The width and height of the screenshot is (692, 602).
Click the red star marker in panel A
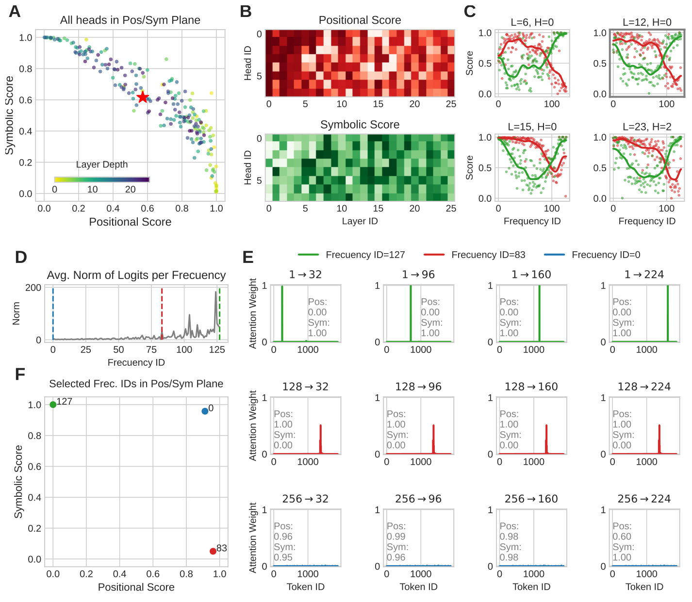(142, 97)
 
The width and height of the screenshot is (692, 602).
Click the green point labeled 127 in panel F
(53, 405)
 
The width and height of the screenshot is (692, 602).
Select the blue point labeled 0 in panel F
(205, 411)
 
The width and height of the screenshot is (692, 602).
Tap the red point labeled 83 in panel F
(213, 551)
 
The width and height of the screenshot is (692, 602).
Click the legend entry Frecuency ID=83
(488, 255)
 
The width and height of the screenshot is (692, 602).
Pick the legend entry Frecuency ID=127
(365, 255)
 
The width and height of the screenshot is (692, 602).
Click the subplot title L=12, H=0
(647, 22)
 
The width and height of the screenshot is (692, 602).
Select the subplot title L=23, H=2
(647, 127)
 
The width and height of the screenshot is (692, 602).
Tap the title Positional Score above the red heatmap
(360, 20)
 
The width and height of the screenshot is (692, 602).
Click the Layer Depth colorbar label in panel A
(102, 164)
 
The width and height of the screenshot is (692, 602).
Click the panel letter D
(20, 257)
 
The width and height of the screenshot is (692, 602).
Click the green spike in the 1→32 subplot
(282, 313)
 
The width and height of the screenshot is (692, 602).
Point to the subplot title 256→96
(418, 499)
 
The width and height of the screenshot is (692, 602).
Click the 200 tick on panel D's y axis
(33, 288)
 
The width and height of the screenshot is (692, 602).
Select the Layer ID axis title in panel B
(360, 221)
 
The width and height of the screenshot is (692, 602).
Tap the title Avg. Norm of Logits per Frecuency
(136, 275)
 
